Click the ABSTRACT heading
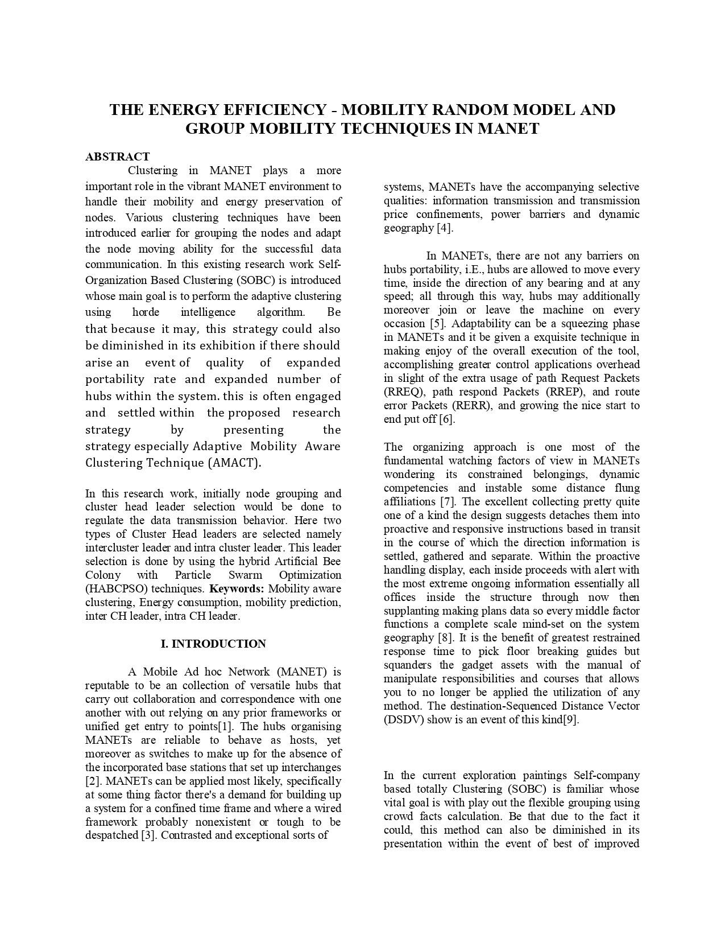pos(117,156)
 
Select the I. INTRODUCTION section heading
pos(213,644)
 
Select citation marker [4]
pos(445,228)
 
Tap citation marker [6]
pos(446,419)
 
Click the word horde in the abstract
pos(146,312)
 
